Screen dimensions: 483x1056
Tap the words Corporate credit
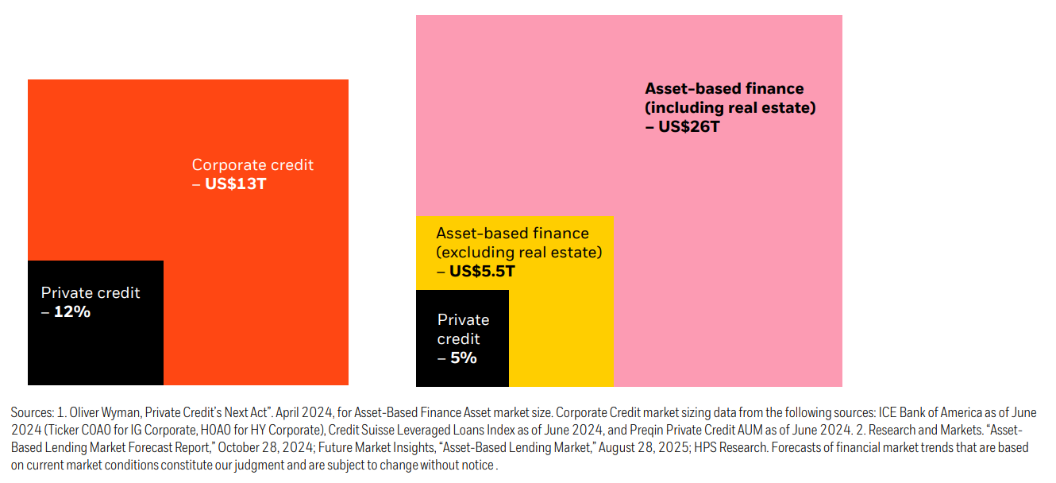tap(252, 165)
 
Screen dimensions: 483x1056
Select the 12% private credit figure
tap(72, 312)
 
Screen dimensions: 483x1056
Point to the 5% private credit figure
tap(462, 358)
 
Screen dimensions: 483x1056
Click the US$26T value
tap(688, 126)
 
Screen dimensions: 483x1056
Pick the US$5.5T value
tap(482, 272)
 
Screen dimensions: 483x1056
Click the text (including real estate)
tap(730, 107)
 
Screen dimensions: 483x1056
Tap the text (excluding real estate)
tap(518, 253)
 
